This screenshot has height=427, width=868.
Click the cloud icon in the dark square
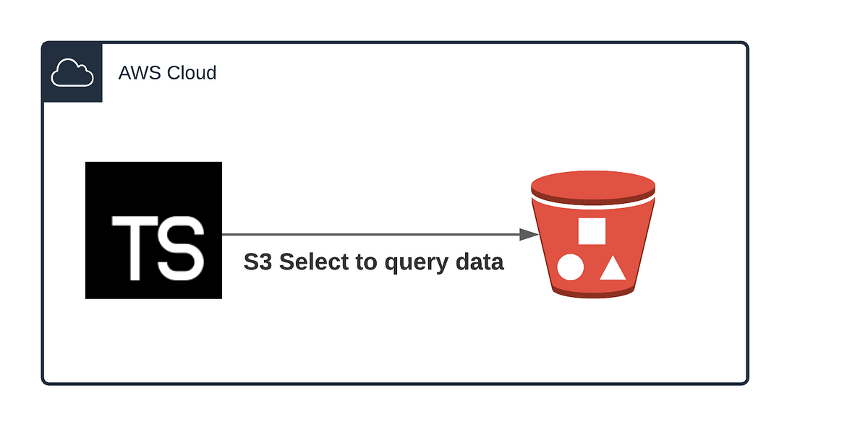coord(72,73)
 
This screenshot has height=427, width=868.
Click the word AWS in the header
coord(134,73)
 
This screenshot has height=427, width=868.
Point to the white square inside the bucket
coord(592,231)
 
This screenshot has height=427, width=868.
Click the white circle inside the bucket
coord(570,268)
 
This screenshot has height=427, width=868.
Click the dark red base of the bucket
coord(592,291)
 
